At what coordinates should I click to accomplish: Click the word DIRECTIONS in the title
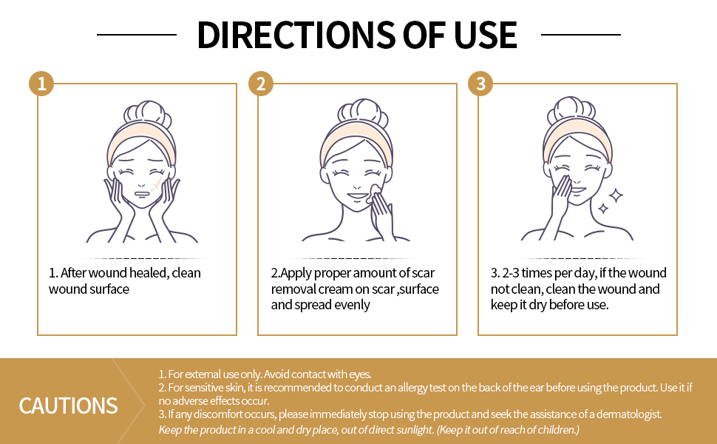click(x=296, y=35)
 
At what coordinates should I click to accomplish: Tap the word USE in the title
click(x=486, y=35)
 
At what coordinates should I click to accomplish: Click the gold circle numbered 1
click(x=41, y=84)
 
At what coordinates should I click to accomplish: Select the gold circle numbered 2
click(x=261, y=84)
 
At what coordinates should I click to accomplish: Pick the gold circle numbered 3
click(x=480, y=84)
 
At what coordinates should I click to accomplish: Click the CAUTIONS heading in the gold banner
click(x=68, y=406)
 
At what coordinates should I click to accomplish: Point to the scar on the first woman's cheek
click(x=157, y=185)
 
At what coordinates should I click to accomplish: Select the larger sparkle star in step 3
click(x=616, y=195)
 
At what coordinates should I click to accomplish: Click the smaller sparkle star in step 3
click(x=603, y=209)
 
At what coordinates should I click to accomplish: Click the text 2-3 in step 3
click(x=510, y=273)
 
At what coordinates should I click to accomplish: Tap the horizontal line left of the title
click(x=137, y=34)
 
